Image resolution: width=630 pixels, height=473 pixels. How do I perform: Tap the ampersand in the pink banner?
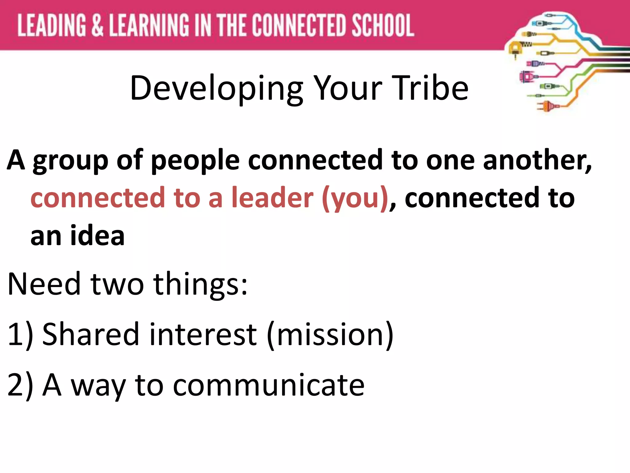pyautogui.click(x=97, y=25)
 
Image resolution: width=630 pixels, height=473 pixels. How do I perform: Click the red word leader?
pyautogui.click(x=272, y=198)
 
